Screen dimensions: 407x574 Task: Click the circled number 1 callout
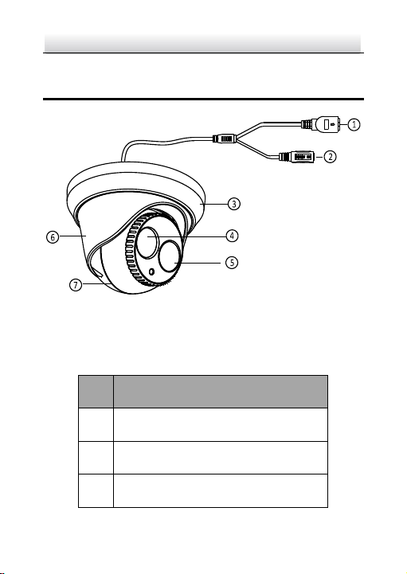click(x=354, y=124)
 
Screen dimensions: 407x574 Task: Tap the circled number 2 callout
click(x=330, y=157)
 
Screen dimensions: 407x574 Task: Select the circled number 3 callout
click(x=234, y=204)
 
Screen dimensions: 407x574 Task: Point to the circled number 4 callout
click(x=232, y=236)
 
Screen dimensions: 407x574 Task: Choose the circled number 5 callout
click(x=232, y=263)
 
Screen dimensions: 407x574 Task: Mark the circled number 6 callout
click(x=53, y=237)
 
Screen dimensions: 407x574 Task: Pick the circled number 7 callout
click(x=76, y=285)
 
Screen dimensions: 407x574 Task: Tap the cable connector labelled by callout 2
click(x=297, y=157)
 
